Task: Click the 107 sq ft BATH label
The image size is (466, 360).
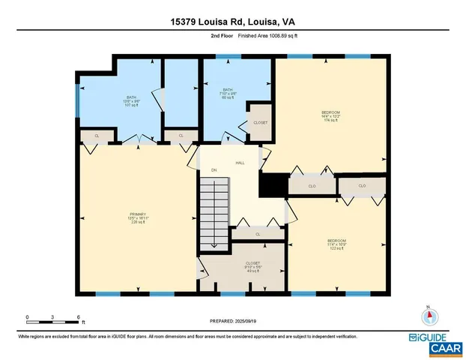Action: tap(131, 100)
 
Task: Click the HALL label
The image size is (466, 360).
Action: tap(240, 162)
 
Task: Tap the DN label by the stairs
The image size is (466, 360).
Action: tap(214, 170)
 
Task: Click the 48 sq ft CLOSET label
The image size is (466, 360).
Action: tap(242, 267)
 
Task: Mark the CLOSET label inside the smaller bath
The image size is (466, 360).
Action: tap(260, 122)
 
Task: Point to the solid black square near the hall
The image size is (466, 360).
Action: tap(273, 184)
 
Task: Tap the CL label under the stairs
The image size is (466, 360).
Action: tap(257, 234)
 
